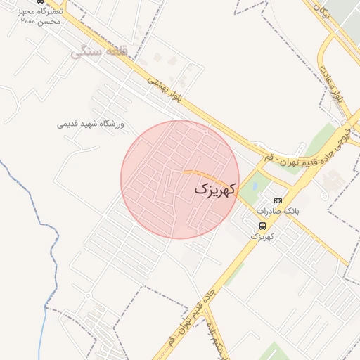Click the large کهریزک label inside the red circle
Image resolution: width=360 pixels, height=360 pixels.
tap(215, 189)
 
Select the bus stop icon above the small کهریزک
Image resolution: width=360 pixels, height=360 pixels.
tap(262, 226)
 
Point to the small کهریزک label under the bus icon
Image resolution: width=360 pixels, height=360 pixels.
tap(262, 236)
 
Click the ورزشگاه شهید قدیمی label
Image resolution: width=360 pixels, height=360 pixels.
tap(91, 124)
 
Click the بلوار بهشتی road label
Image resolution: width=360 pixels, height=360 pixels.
tap(166, 90)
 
